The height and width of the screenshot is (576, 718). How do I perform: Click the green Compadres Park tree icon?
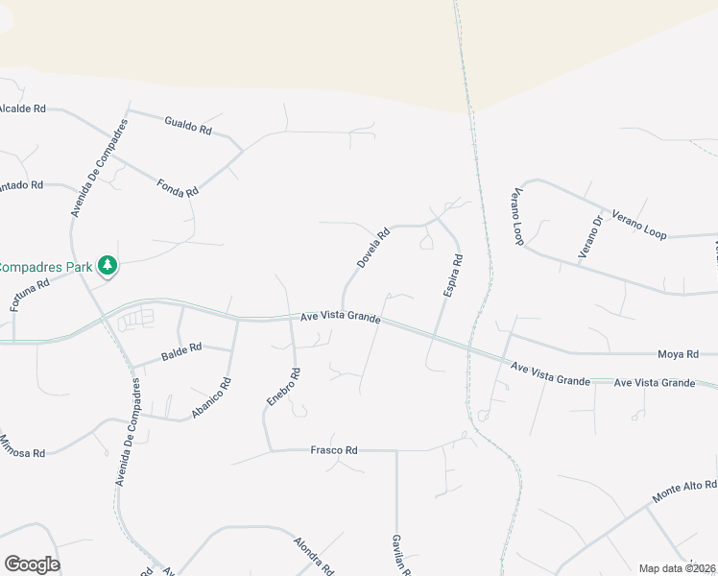[x=108, y=265]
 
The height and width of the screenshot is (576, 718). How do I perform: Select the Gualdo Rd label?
[x=188, y=126]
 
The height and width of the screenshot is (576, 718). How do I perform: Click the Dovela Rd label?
[x=373, y=248]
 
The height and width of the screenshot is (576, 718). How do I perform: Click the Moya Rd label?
[x=678, y=354]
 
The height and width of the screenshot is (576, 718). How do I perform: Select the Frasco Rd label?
[x=334, y=449]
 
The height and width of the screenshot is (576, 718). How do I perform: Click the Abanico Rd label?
[x=212, y=396]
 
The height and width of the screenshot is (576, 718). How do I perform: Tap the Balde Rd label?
[x=181, y=352]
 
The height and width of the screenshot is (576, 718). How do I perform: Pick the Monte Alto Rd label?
[x=685, y=492]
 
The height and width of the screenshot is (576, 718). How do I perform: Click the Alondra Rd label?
[x=313, y=555]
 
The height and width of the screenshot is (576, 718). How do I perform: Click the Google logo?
[x=32, y=564]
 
